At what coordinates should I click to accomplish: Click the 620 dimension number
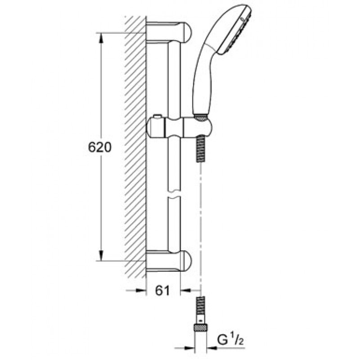[x=99, y=147]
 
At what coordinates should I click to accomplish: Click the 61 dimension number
[x=162, y=291]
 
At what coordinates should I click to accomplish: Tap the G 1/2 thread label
[x=230, y=340]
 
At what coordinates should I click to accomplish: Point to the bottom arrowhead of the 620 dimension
[x=101, y=256]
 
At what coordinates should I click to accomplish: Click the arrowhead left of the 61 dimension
[x=140, y=290]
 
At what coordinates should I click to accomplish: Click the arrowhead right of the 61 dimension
[x=186, y=291]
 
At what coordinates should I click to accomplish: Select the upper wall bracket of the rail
[x=169, y=32]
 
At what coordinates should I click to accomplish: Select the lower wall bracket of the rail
[x=169, y=261]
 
